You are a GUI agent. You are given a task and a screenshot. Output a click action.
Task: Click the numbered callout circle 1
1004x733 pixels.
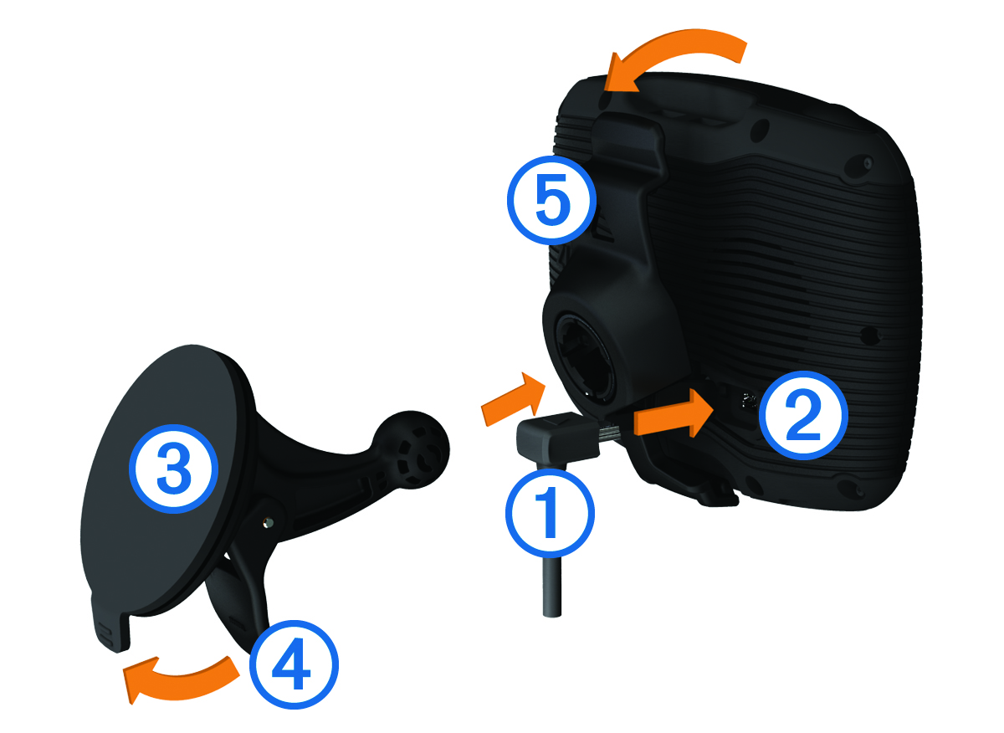click(x=550, y=513)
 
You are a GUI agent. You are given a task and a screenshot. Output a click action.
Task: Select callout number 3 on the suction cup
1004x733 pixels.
click(x=174, y=469)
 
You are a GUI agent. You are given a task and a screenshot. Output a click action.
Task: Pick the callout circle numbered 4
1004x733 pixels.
click(x=294, y=664)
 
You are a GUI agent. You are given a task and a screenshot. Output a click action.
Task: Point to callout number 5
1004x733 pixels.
click(x=552, y=200)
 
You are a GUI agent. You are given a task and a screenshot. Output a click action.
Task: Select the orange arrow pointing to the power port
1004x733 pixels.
click(x=673, y=414)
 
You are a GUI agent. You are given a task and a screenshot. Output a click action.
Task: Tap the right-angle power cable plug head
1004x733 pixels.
click(x=557, y=436)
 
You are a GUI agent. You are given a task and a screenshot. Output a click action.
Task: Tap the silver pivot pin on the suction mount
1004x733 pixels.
click(x=268, y=522)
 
